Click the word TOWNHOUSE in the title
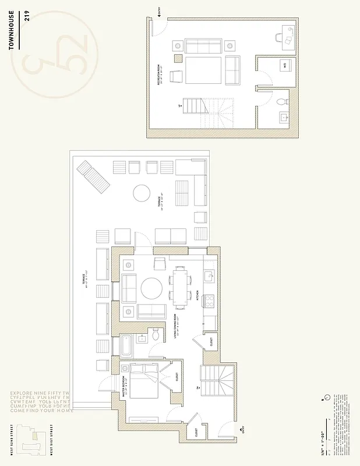click(x=12, y=30)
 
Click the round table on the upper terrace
click(x=142, y=193)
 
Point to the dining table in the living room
click(x=181, y=287)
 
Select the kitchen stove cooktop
click(x=210, y=302)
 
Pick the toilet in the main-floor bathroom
click(x=155, y=335)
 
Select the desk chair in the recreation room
click(x=287, y=38)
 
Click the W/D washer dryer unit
click(x=285, y=66)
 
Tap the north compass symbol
click(x=327, y=398)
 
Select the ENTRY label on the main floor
click(x=243, y=430)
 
